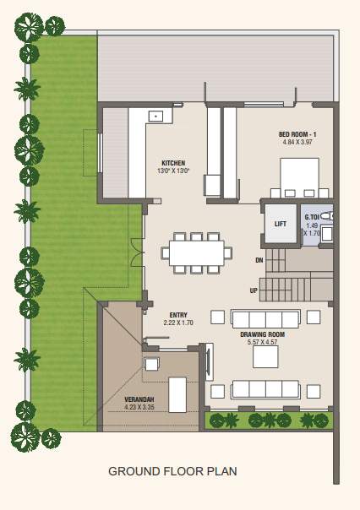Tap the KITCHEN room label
pos(173,163)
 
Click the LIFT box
pos(281,224)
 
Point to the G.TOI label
pos(313,217)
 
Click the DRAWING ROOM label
pos(261,334)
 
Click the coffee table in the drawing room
pos(265,359)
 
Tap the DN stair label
pos(259,261)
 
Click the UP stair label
pos(254,290)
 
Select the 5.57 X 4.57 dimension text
pos(261,342)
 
